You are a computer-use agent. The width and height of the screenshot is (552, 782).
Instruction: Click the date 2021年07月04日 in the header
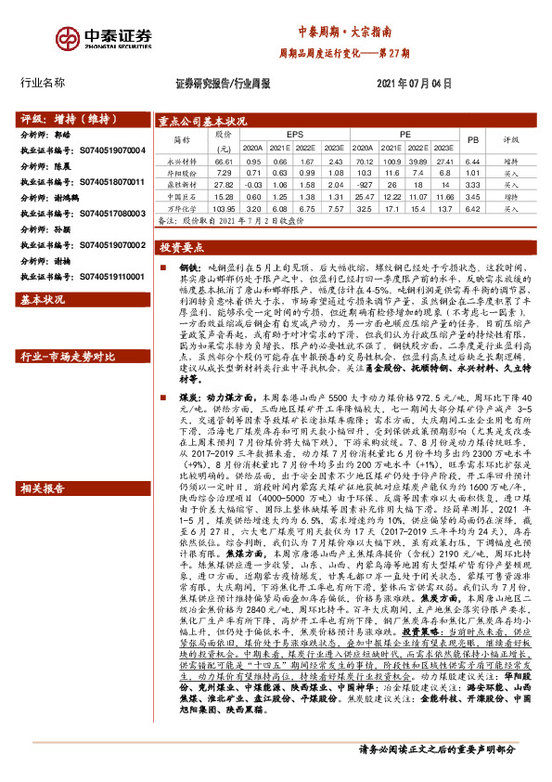(414, 84)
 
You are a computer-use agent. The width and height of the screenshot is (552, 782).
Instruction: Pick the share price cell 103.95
(223, 210)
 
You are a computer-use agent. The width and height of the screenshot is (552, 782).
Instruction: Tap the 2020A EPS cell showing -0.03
(251, 185)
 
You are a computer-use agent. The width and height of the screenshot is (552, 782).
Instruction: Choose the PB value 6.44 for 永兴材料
(472, 160)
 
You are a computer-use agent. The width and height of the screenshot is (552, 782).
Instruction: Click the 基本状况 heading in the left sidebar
(44, 300)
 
